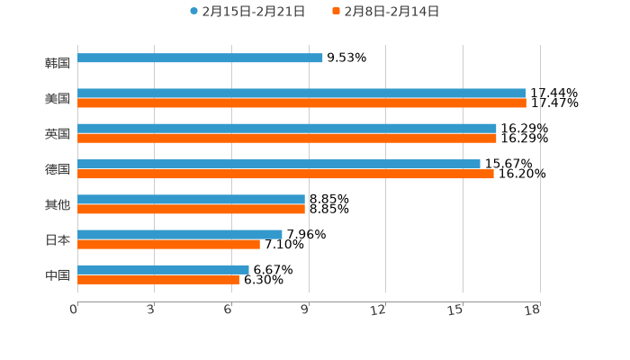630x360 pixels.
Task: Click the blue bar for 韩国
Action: [200, 58]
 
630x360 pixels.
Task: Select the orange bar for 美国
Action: [301, 103]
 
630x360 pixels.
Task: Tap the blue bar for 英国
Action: [286, 128]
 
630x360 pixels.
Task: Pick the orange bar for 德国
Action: [285, 174]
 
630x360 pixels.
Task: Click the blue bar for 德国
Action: [279, 164]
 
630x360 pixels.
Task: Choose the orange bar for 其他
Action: [191, 209]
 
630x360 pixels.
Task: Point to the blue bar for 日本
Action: [180, 234]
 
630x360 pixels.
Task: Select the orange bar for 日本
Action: [168, 244]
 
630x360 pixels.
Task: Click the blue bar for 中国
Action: [163, 269]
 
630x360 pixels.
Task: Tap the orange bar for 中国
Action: [158, 279]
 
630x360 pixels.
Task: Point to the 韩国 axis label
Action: [58, 63]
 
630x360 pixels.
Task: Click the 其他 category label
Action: [58, 205]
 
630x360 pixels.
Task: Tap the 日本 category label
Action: [58, 240]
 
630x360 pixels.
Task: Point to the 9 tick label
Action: [305, 310]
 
